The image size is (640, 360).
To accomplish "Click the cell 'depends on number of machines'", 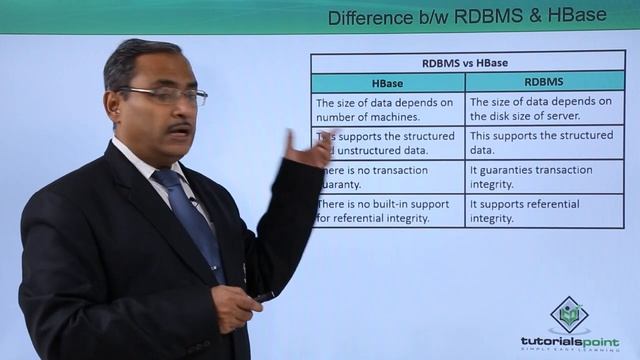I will point(385,109).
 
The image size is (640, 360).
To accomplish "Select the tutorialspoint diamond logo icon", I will point(569,314).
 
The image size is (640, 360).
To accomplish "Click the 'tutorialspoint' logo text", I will point(569,341).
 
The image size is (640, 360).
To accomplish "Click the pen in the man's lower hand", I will point(262,297).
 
